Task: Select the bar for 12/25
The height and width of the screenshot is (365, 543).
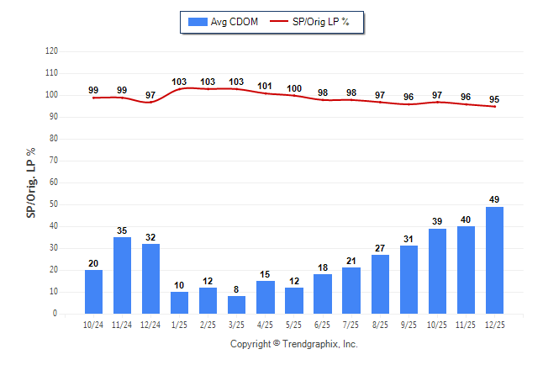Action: [494, 260]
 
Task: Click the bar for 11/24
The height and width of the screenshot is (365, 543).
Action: [122, 275]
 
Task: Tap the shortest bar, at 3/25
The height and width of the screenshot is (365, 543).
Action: [236, 304]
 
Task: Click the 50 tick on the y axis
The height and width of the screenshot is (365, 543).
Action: [54, 204]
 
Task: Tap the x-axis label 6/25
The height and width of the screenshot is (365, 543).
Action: [323, 324]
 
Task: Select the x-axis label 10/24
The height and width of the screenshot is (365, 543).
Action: [93, 324]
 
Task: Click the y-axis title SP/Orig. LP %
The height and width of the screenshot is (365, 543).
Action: [32, 182]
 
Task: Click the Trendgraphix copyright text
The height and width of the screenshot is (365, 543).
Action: [293, 344]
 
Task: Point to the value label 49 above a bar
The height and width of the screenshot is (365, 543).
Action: [494, 199]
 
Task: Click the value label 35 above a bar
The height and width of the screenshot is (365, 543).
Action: [122, 230]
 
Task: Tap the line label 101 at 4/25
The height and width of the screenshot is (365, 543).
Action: [265, 86]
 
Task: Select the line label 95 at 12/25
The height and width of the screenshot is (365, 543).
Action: [494, 98]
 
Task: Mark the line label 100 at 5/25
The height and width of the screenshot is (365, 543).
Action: [294, 88]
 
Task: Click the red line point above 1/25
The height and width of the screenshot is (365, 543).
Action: [179, 88]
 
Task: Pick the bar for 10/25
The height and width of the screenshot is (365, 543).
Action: [437, 271]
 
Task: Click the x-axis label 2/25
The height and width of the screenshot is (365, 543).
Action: [208, 324]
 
